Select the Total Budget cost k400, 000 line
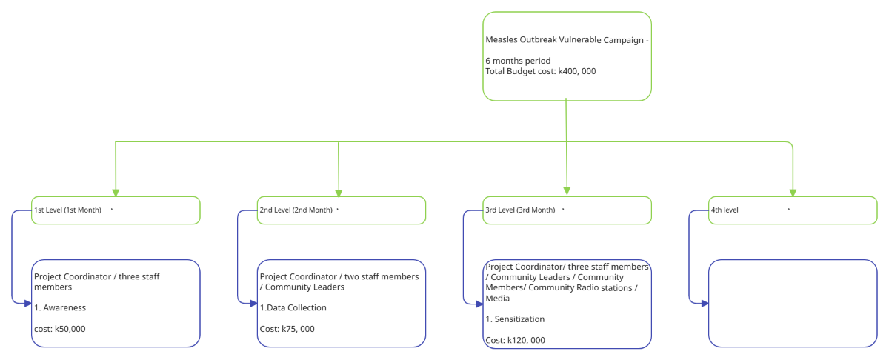tap(540, 71)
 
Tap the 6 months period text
tap(518, 61)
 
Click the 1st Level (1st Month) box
tap(116, 210)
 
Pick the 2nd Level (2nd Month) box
tap(341, 210)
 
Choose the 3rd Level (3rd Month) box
tap(567, 210)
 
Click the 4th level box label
tap(725, 210)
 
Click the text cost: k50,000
tap(60, 328)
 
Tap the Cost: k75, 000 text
tap(287, 328)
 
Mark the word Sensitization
tap(515, 319)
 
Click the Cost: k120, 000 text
tap(515, 340)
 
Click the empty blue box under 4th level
tap(793, 303)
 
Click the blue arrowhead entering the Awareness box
tap(27, 303)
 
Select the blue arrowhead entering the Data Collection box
tap(253, 303)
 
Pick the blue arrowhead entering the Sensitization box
tap(479, 303)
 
